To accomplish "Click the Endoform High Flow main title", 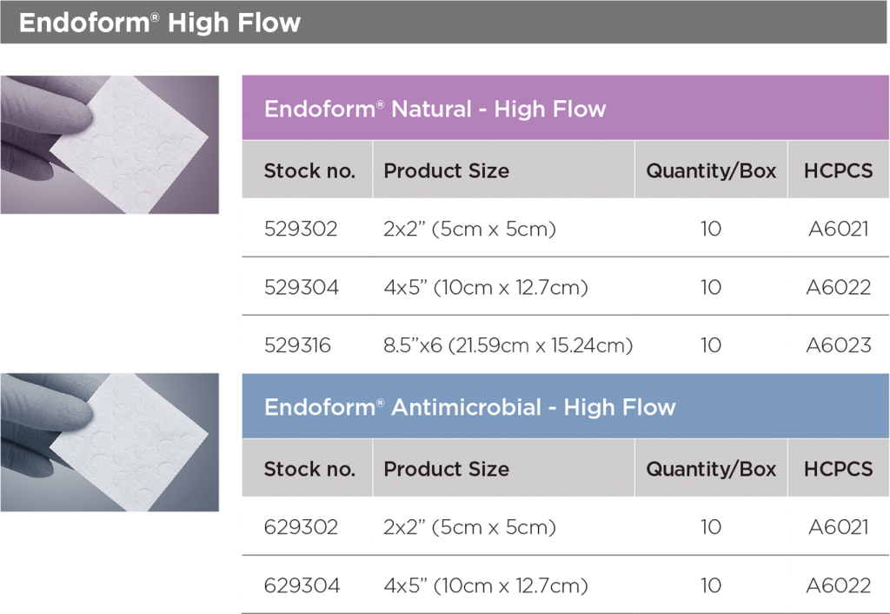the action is (160, 23).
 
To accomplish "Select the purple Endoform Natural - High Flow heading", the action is (435, 109).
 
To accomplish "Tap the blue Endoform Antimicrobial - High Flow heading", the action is (470, 407).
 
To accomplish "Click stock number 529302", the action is (301, 229).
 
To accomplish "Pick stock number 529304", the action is (302, 287).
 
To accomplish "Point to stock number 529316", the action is (297, 345).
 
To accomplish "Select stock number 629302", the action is (301, 527).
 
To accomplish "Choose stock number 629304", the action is (302, 585).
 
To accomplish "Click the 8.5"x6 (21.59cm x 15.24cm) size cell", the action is (508, 345).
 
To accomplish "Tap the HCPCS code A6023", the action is (839, 345).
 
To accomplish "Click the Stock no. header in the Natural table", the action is (309, 170).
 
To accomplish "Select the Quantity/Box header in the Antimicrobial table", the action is (711, 469).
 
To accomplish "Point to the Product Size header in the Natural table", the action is (446, 170).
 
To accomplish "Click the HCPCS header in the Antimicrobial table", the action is (839, 469).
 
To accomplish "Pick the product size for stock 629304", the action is (486, 585).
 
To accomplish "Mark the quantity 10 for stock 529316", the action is (711, 345).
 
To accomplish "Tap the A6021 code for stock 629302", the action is (839, 527).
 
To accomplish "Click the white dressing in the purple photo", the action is (130, 145).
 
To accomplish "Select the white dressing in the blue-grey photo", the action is (130, 443).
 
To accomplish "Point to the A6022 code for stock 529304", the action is (839, 287).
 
